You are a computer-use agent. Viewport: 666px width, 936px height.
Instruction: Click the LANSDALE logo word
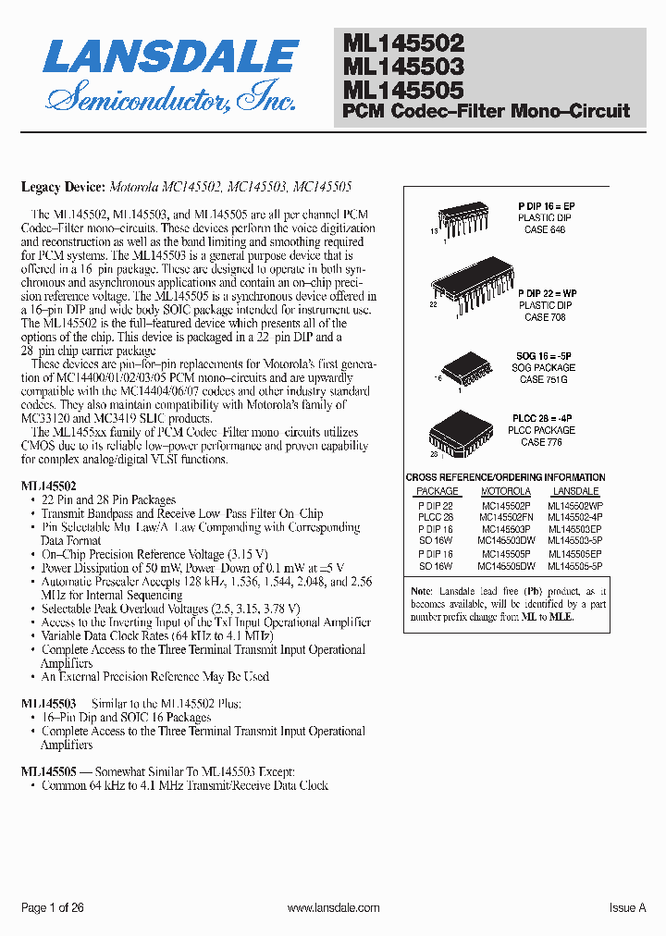[x=170, y=57]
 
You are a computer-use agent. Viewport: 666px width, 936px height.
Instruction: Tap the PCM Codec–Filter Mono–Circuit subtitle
[x=486, y=111]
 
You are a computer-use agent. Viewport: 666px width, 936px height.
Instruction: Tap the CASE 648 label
[x=545, y=229]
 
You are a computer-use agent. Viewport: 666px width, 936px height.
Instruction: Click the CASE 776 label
[x=545, y=442]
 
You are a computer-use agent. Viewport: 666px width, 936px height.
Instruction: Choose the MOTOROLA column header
[x=506, y=491]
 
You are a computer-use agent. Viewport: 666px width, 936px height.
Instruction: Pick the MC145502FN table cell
[x=506, y=517]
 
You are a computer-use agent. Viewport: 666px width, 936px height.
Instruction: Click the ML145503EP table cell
[x=574, y=529]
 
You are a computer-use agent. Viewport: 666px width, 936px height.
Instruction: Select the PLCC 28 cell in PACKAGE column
[x=436, y=517]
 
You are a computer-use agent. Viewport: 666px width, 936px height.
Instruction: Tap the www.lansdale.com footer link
[x=333, y=908]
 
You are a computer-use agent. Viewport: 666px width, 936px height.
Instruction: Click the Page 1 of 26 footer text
[x=53, y=908]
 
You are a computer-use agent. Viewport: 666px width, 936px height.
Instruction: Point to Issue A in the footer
[x=627, y=908]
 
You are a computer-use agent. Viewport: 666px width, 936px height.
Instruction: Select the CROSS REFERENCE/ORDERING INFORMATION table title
[x=506, y=477]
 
